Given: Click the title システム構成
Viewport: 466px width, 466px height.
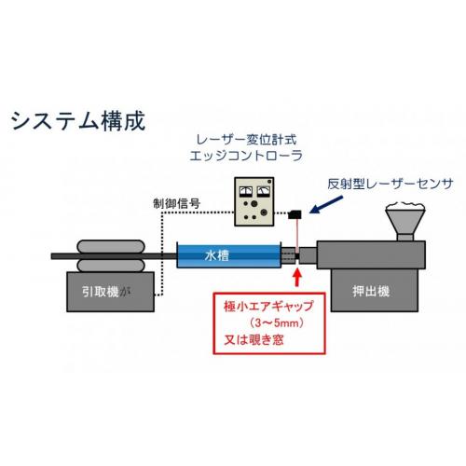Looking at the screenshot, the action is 78,120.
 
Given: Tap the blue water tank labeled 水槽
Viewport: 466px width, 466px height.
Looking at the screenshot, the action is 229,255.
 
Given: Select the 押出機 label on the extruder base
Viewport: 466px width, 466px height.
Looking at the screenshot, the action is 371,292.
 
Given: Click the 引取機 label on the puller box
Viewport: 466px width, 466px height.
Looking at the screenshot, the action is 101,292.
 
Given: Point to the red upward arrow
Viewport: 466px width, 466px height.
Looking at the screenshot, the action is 297,277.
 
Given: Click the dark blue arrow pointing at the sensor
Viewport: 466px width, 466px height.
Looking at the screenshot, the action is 326,204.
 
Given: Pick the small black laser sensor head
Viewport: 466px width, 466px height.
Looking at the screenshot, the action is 295,214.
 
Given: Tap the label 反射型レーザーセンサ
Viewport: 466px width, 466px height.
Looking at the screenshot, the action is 391,185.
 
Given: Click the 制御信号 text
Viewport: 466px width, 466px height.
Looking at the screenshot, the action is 177,204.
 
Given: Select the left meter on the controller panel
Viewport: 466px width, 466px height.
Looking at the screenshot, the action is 246,192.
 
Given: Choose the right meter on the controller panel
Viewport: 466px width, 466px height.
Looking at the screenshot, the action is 264,192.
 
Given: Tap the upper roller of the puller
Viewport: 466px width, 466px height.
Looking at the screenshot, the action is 111,247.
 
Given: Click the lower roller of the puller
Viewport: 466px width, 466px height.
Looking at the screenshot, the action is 111,266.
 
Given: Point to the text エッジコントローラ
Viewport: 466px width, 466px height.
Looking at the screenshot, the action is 246,156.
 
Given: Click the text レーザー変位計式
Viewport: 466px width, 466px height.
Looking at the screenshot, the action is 246,140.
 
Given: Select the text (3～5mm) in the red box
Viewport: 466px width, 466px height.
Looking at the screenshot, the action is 276,323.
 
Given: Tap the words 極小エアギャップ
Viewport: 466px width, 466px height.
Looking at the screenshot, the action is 268,307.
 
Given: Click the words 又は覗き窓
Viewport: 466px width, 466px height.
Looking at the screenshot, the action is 254,339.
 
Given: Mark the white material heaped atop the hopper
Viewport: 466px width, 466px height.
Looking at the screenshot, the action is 405,206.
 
